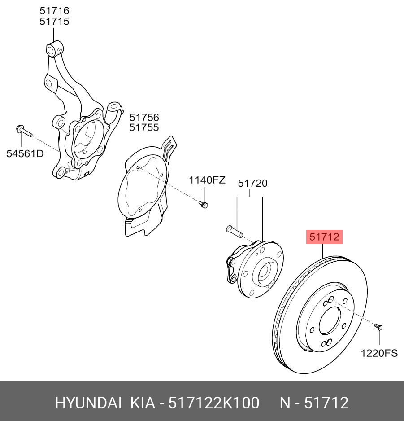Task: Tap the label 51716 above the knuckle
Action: point(54,11)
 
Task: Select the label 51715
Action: point(54,21)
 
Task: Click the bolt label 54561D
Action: point(25,153)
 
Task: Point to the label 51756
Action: point(144,118)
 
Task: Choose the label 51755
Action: point(144,127)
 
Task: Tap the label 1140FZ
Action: point(207,180)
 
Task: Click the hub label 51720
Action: point(252,183)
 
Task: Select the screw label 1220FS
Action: point(379,353)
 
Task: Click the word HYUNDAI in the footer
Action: point(88,403)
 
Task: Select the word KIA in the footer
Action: point(141,403)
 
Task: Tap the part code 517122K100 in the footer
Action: point(213,403)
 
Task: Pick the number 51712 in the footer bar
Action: point(326,403)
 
